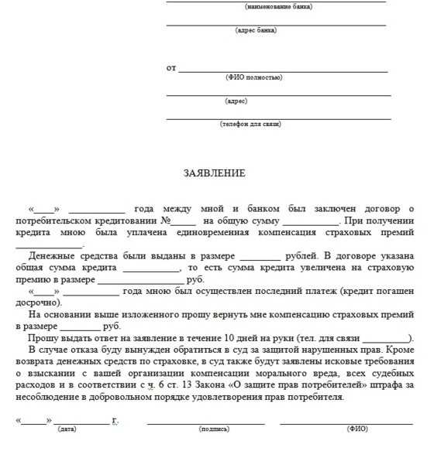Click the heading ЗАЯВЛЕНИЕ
[x=215, y=173]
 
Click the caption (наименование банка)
[x=278, y=6]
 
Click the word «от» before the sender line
[x=171, y=68]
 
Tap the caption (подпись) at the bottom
[x=214, y=429]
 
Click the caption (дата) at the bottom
[x=67, y=429]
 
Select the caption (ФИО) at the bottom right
[x=357, y=429]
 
